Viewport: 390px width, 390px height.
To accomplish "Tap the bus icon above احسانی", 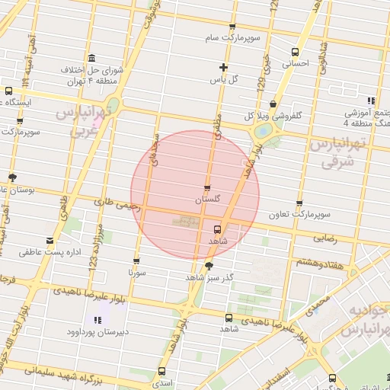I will coord(295,52).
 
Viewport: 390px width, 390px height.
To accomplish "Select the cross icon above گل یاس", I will coord(223,67).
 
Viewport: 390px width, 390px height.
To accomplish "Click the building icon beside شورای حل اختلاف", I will coord(91,59).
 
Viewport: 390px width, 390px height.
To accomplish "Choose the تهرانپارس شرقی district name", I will coord(338,152).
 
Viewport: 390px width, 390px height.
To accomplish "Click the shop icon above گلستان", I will coord(208,187).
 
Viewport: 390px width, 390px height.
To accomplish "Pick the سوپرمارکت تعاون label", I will coord(299,215).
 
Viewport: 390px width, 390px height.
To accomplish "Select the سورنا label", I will coord(136,270).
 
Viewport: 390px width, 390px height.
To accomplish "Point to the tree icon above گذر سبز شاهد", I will coord(209,265).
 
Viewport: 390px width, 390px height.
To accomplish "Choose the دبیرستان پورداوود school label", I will coord(97,332).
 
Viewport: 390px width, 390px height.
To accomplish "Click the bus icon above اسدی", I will coord(161,372).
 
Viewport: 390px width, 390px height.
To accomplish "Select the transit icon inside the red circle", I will coord(218,229).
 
